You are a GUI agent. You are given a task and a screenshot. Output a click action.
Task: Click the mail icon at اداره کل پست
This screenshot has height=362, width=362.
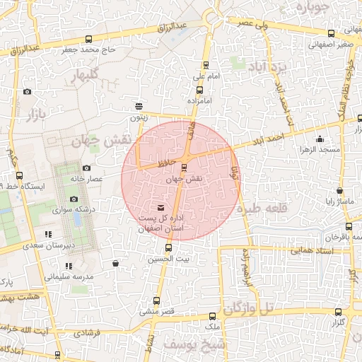[x=160, y=207]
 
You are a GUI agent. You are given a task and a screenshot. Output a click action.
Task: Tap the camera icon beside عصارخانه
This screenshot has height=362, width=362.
[x=86, y=168]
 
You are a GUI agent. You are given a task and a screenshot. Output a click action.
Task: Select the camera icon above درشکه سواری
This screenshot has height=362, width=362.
[x=74, y=199]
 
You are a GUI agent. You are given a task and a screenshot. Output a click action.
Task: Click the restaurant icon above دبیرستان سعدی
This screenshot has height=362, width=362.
[x=48, y=234]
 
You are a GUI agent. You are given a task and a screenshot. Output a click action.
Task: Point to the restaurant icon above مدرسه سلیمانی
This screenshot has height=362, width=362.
[x=69, y=266]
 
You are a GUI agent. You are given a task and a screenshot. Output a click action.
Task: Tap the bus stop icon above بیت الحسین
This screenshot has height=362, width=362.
[x=168, y=248]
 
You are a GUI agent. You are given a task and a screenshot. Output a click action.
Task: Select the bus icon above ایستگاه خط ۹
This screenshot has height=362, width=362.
[x=18, y=175]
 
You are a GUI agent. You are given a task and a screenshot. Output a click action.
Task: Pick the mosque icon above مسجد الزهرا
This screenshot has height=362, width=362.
[x=320, y=139]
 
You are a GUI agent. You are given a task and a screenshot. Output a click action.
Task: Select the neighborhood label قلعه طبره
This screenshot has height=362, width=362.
[x=258, y=210]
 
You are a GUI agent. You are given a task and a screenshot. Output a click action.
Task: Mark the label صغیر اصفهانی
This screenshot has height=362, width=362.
[x=330, y=44]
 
